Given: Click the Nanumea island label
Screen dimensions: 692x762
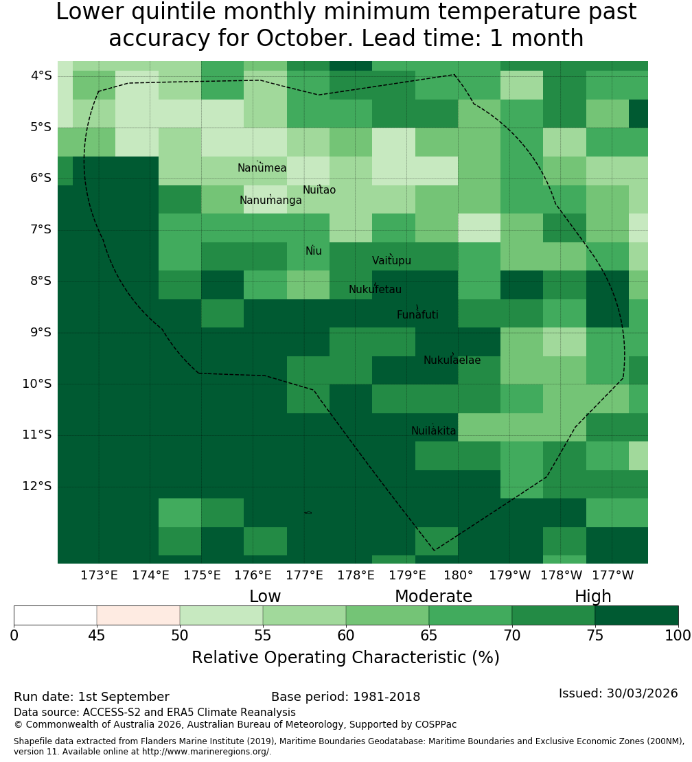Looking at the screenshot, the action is (262, 168).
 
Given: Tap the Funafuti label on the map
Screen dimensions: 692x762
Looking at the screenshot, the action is (417, 315).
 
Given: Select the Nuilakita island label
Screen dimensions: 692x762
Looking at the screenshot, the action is (433, 430).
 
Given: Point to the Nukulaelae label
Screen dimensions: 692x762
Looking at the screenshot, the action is (452, 360).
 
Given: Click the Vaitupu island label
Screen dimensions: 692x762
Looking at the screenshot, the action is (392, 260).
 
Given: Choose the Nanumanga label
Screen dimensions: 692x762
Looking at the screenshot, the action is (270, 200).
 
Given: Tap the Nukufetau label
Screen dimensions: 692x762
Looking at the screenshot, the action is (375, 290).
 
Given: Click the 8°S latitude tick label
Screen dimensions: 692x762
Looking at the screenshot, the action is (41, 281).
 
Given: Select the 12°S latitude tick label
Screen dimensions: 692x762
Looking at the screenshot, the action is (37, 486).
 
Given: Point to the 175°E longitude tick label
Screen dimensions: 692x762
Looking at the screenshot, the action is (202, 575).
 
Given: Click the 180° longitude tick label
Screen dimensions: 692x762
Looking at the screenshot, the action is (459, 575).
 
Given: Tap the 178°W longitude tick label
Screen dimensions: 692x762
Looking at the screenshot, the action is (562, 575).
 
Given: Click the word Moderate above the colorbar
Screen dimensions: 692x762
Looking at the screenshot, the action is (433, 597).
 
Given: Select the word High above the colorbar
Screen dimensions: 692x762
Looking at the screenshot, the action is (593, 597).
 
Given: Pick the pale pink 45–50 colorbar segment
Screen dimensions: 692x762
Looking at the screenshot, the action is (139, 615).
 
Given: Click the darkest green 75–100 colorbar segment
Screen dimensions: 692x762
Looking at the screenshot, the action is (636, 615).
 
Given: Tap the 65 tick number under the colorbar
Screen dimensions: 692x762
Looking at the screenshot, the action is (429, 635).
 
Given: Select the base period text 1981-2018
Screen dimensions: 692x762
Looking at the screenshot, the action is (387, 697).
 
